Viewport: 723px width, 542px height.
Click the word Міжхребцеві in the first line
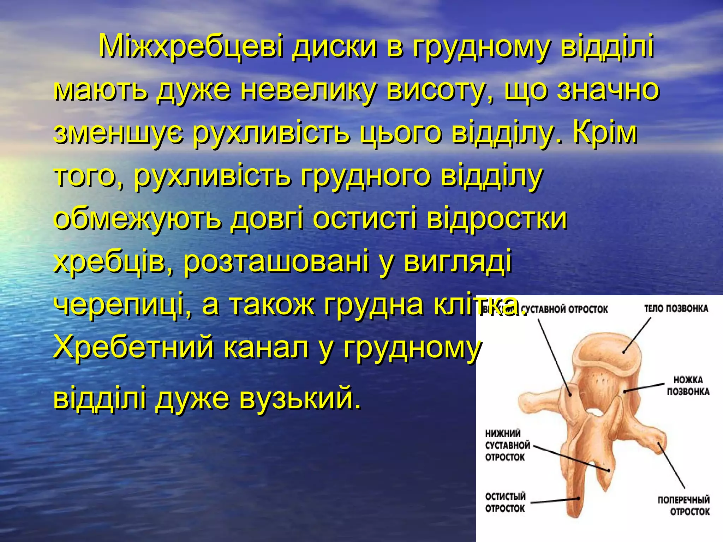[x=191, y=47]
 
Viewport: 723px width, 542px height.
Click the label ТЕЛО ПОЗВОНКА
[x=676, y=309]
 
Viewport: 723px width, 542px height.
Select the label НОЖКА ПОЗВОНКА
[x=688, y=386]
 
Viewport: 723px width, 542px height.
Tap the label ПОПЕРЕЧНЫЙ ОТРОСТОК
[x=683, y=506]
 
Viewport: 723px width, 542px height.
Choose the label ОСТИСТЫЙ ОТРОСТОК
[x=505, y=502]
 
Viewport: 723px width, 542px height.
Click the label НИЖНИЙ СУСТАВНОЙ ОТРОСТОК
[x=507, y=445]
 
